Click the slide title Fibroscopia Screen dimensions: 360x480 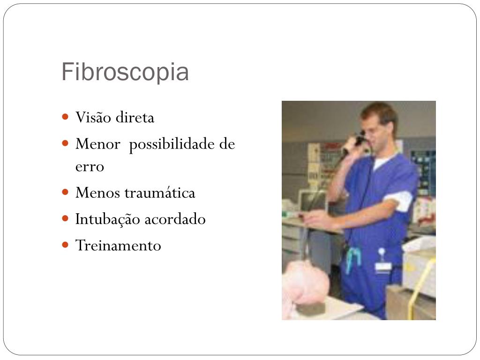[125, 72]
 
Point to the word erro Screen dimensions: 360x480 [90, 166]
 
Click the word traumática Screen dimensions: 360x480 [160, 193]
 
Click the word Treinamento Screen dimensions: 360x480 [118, 245]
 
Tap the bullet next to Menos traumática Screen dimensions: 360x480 [66, 192]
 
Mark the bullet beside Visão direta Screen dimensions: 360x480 [66, 117]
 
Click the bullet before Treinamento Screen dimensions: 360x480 [66, 245]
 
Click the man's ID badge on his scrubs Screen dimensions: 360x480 [382, 265]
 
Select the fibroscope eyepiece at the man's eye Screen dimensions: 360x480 [360, 139]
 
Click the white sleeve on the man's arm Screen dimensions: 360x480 [399, 199]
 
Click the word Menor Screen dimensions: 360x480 [97, 144]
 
